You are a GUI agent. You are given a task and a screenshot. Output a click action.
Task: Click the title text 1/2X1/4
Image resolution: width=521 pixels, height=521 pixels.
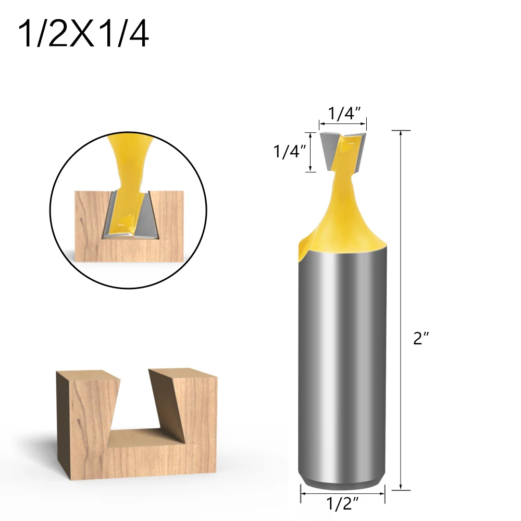(83, 35)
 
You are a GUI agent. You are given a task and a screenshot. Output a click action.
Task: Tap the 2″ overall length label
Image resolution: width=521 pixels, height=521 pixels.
(420, 339)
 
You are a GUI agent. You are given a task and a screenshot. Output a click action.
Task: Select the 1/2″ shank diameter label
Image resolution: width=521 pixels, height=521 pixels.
(343, 504)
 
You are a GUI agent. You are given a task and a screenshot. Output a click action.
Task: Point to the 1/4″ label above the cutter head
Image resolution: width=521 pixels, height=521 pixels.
(344, 114)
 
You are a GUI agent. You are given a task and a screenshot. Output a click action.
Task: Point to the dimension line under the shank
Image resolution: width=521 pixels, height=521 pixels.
(343, 491)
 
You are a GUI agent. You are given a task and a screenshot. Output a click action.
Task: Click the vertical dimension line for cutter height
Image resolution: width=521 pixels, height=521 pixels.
(311, 152)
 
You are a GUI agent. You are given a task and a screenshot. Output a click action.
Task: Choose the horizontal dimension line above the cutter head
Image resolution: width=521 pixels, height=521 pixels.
(343, 124)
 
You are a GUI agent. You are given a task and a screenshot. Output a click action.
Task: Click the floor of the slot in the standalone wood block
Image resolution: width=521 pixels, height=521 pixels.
(143, 434)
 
